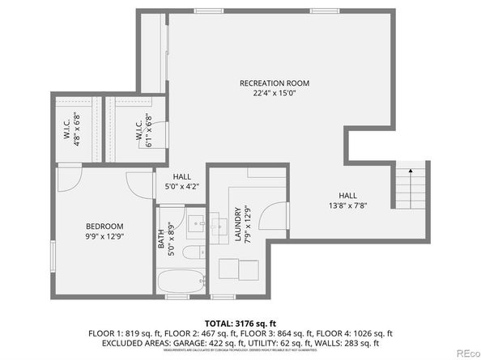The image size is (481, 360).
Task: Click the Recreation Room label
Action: [x=275, y=83]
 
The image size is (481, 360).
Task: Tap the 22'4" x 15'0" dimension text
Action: [x=275, y=94]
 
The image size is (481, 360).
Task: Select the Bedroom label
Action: [x=104, y=226]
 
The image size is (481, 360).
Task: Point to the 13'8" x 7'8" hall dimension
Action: [x=347, y=205]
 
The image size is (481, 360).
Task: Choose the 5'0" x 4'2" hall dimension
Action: [x=181, y=186]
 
